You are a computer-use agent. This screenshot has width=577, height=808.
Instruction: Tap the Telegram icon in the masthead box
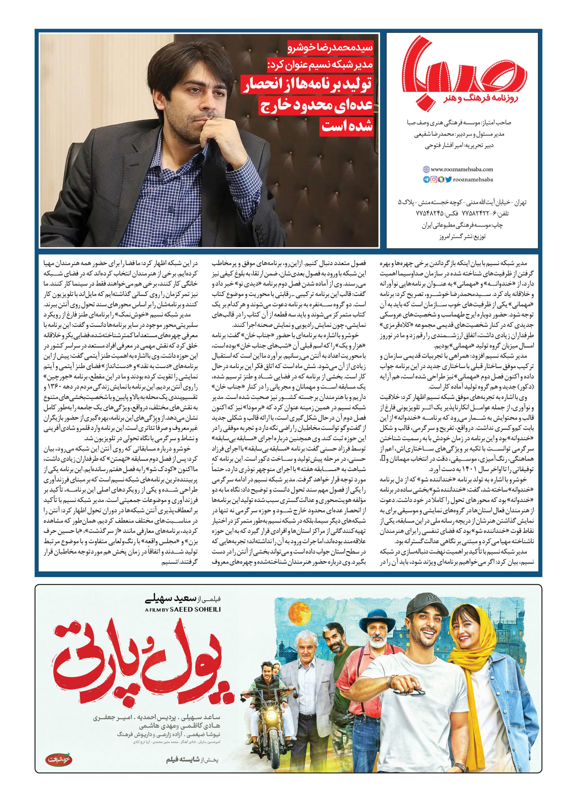pos(426,180)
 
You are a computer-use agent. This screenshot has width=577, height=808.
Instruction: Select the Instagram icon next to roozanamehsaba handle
pos(434,180)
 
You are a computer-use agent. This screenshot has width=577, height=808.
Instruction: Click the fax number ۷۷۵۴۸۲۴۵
pos(430,215)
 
